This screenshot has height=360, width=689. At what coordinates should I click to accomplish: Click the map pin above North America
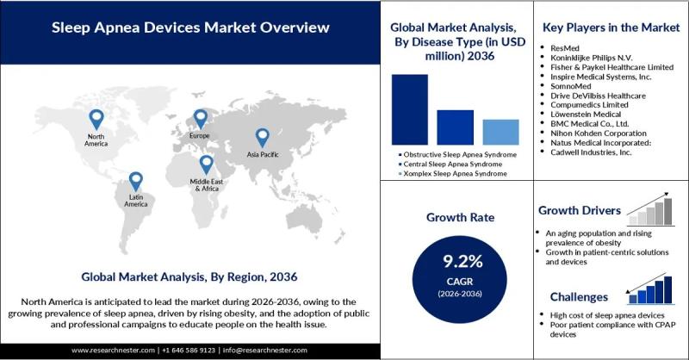click(x=96, y=120)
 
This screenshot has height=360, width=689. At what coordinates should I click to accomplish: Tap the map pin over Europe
click(x=200, y=119)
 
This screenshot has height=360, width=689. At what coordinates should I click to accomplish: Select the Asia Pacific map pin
click(x=263, y=137)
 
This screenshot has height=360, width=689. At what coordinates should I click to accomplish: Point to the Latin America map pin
click(x=135, y=181)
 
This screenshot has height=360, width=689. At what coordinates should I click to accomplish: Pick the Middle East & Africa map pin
click(x=207, y=164)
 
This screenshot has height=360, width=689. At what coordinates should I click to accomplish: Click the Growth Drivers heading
click(x=580, y=211)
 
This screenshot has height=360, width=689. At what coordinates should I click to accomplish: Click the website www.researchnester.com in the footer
click(x=114, y=351)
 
